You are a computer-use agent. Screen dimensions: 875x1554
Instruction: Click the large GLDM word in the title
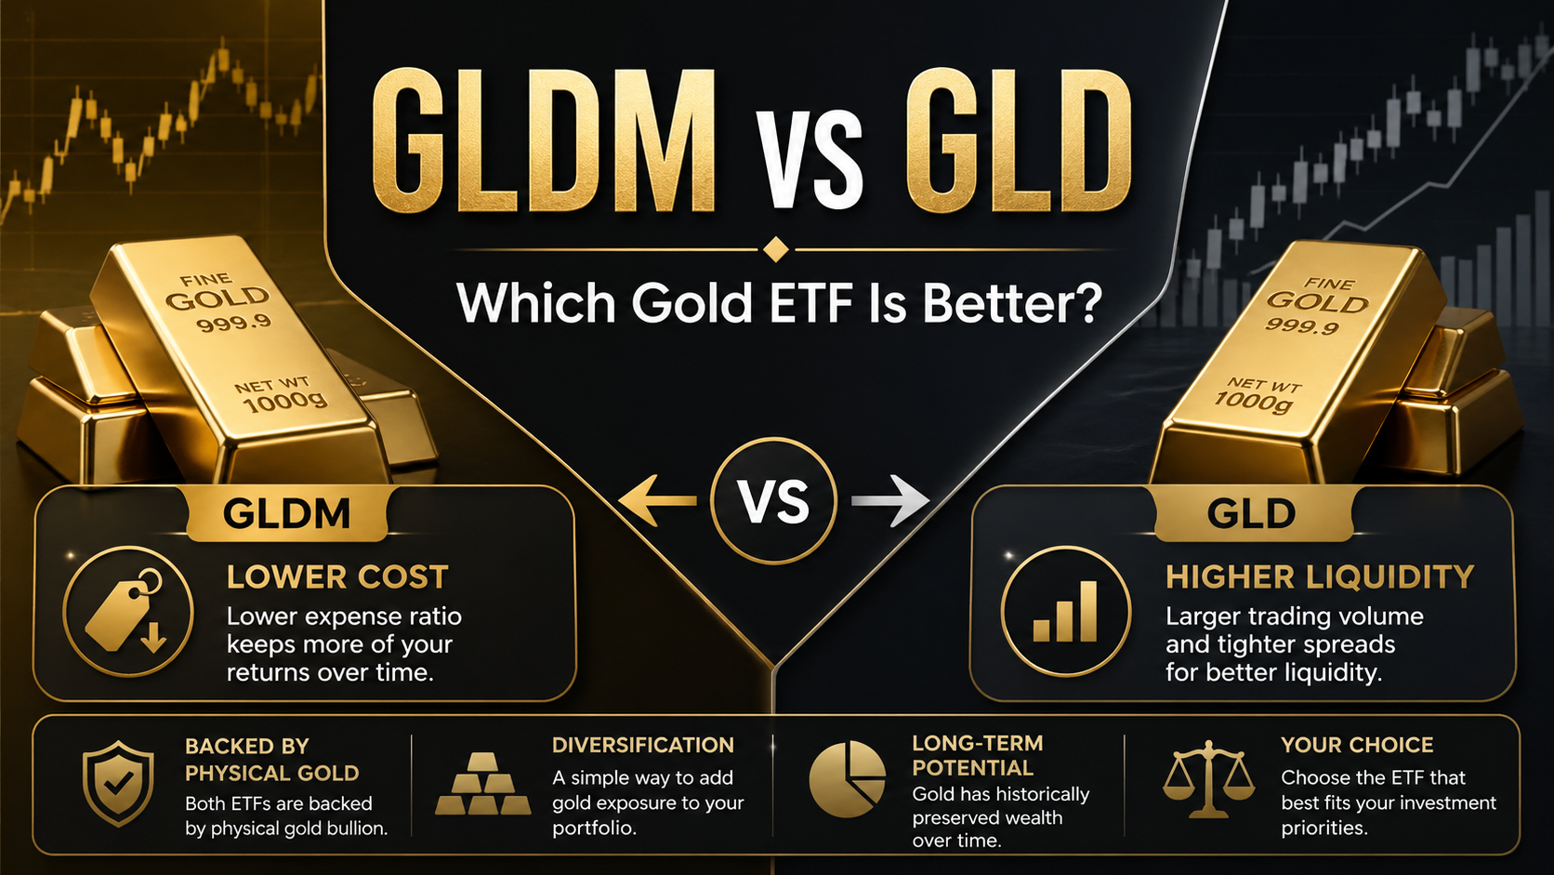[x=544, y=141]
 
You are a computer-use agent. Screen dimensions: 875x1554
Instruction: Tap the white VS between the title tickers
[x=809, y=158]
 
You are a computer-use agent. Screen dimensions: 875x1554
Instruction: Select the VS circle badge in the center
[x=774, y=501]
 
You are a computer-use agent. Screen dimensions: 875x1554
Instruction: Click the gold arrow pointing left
[x=657, y=501]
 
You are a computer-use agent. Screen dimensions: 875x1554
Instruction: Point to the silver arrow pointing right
[x=890, y=501]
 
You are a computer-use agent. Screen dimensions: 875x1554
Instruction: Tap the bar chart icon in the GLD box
[x=1065, y=612]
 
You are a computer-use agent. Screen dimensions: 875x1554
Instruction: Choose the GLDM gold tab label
[x=286, y=514]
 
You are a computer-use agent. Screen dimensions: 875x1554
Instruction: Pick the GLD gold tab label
[x=1251, y=514]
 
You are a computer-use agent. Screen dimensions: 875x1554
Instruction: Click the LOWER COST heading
[x=337, y=577]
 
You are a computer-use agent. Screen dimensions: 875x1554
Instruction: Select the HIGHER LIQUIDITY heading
[x=1320, y=577]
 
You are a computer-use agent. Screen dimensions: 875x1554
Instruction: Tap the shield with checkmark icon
[x=118, y=783]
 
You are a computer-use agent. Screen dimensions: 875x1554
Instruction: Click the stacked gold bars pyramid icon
[x=482, y=785]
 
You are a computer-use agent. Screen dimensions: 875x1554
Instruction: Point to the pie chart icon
[x=847, y=779]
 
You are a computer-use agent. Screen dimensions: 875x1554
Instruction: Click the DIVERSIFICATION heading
[x=642, y=745]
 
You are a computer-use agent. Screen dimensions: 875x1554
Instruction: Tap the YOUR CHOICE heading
[x=1357, y=745]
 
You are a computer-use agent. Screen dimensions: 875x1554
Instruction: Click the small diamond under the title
[x=775, y=249]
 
